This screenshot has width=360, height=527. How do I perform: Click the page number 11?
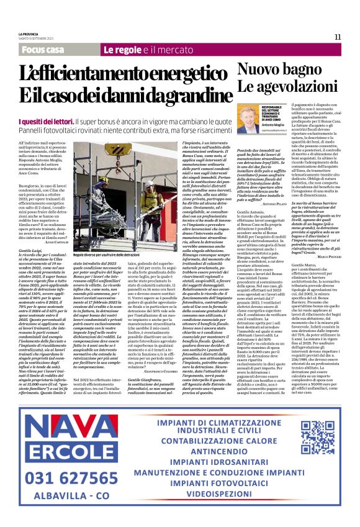coord(337,37)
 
